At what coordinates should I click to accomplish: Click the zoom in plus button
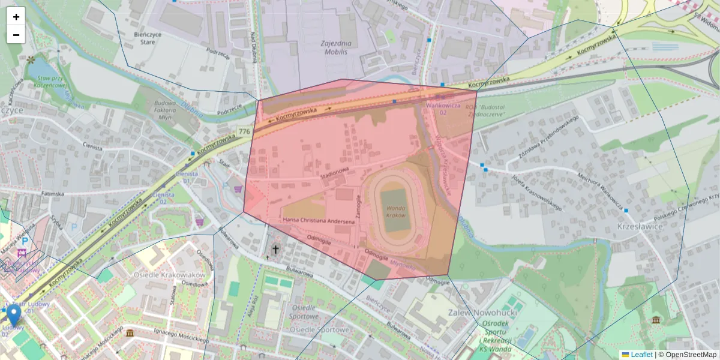16,16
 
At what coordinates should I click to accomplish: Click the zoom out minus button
16,35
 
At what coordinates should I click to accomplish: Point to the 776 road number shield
244,131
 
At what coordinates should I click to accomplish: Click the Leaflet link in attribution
641,355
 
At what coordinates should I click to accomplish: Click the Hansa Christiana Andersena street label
319,220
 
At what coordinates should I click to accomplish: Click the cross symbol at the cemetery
276,249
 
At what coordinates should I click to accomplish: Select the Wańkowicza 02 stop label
443,109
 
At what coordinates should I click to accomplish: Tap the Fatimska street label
53,194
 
